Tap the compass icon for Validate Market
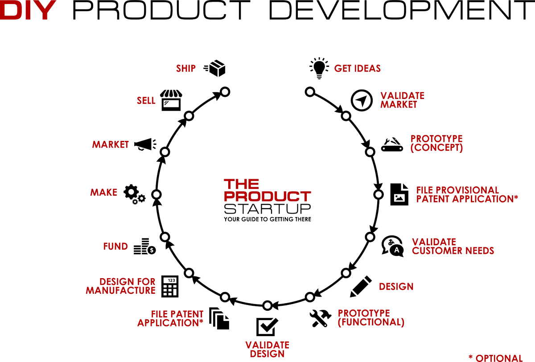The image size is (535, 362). tap(361, 100)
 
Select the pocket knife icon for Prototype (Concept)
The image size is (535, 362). tap(393, 144)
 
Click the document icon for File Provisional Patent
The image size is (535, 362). tap(399, 194)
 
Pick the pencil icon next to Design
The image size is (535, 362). tap(361, 286)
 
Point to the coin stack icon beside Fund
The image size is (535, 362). tap(144, 246)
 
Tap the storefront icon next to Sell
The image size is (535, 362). tap(171, 100)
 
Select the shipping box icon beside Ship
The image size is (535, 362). tap(215, 68)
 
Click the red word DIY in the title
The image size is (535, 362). tap(30, 10)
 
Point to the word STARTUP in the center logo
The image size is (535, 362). tap(267, 209)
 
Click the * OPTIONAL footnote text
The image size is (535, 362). tap(495, 358)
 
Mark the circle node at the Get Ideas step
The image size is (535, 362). tap(309, 92)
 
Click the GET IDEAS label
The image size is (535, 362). tap(358, 69)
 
